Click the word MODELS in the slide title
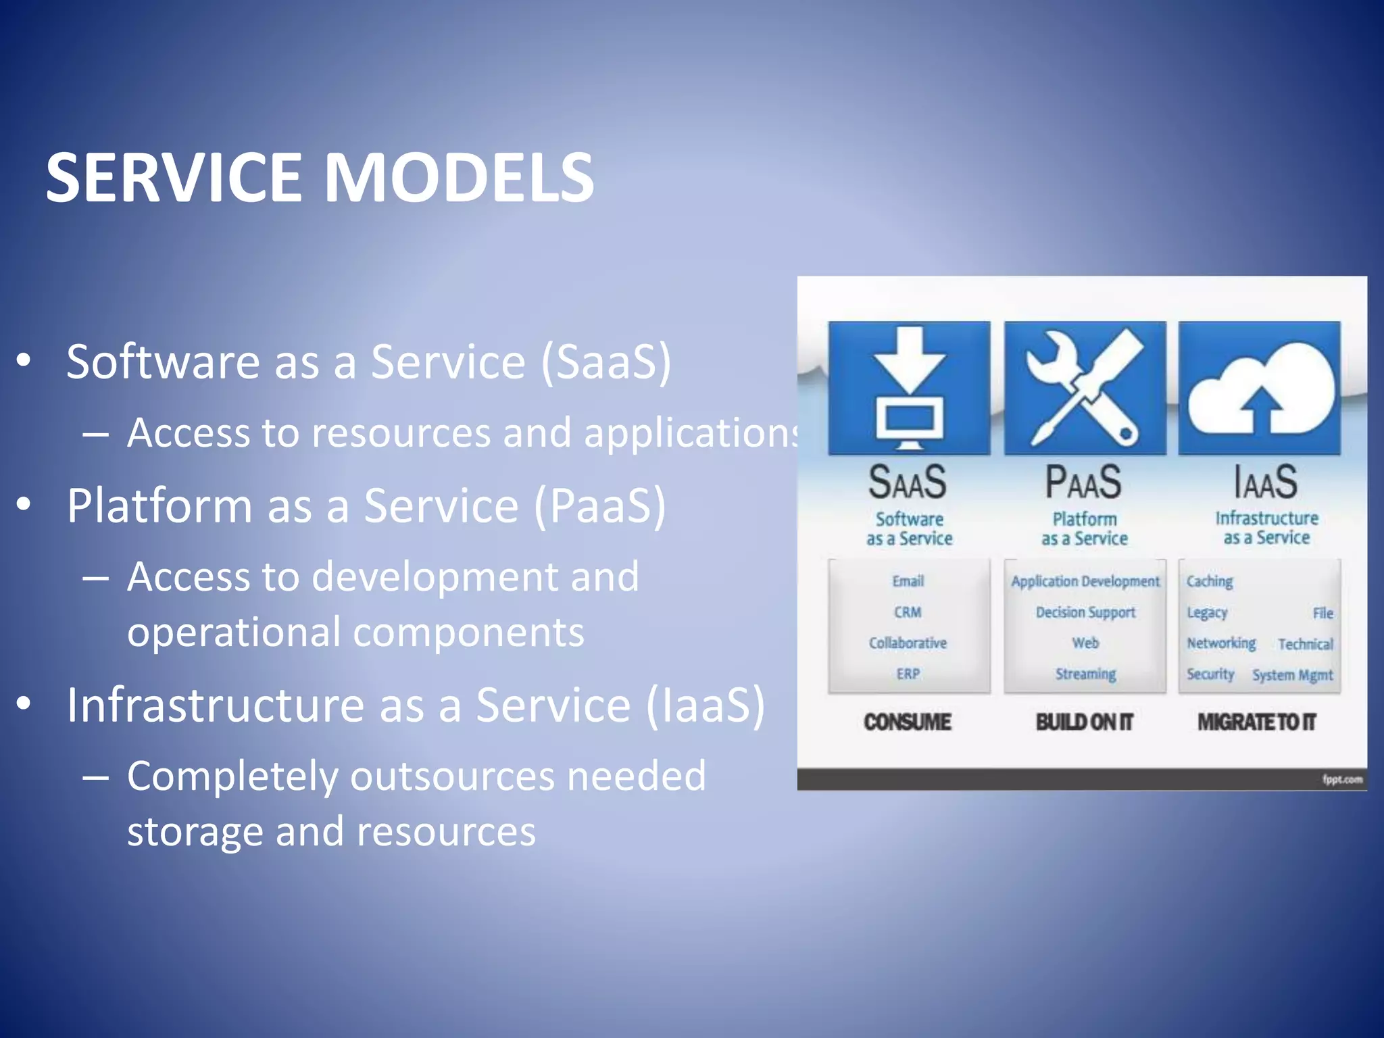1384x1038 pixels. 460,177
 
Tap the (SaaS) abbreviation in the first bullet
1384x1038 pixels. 605,362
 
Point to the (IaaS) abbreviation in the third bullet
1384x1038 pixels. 705,705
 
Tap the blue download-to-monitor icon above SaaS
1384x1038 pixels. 909,388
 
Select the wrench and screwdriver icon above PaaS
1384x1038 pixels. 1085,388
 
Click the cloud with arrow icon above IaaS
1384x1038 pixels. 1260,388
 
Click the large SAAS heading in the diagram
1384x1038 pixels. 908,482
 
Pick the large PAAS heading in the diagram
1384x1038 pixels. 1083,482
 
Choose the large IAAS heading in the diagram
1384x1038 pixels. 1266,482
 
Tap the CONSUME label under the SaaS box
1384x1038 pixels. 907,722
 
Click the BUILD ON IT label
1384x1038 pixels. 1084,722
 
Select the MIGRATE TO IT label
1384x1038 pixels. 1257,722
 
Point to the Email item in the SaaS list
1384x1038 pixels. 908,581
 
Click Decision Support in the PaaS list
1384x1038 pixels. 1085,612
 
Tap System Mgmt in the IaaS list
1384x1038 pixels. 1292,675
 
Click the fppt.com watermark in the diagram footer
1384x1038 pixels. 1342,780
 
